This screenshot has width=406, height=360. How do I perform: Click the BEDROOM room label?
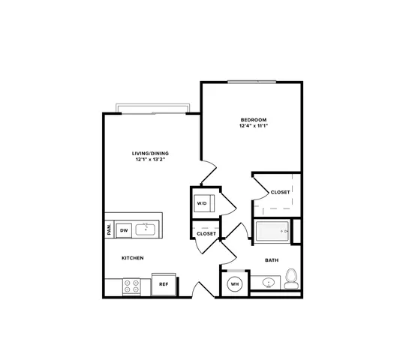coord(254,120)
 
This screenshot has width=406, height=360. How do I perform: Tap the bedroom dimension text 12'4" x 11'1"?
coord(254,126)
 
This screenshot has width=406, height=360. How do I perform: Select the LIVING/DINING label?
coord(150,154)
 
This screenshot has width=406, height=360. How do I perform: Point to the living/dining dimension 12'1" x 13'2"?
coord(150,160)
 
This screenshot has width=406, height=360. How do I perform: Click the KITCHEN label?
coord(133,258)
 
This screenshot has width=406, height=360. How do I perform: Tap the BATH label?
coord(272,260)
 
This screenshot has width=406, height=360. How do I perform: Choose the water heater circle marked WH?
coord(235,284)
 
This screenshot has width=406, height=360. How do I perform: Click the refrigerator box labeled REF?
coord(164,284)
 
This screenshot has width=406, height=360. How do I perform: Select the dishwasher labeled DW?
coord(124,230)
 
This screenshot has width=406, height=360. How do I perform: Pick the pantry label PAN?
coord(110,229)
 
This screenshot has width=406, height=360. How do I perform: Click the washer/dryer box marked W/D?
coord(204,203)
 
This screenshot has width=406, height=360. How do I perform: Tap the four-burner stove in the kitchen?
coord(131,286)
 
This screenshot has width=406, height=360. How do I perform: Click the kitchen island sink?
coord(146,229)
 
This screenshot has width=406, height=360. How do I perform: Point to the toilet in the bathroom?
coord(291,278)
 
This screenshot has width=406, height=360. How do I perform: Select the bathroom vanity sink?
coord(269,282)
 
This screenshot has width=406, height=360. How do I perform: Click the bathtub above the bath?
coord(272,231)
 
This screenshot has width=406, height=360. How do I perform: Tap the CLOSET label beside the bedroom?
coord(280,192)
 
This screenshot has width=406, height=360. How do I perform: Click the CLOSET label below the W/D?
coord(206,234)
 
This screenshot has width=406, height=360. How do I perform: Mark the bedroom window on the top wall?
coord(252,82)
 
